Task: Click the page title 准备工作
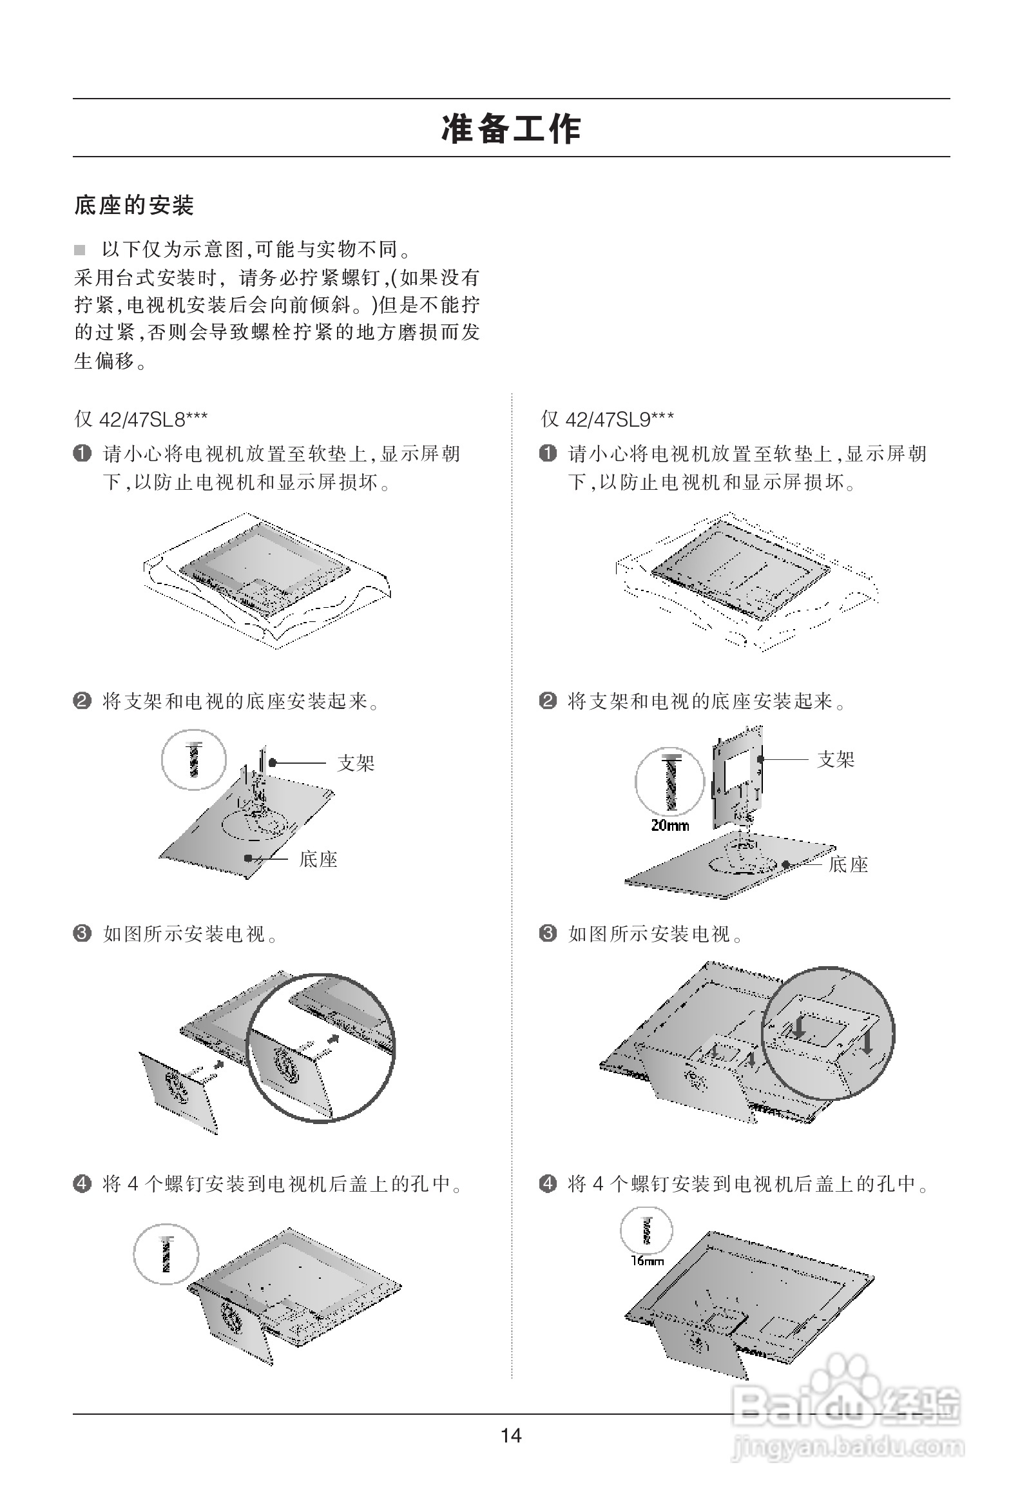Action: (x=511, y=128)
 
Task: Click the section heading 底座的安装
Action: (x=134, y=206)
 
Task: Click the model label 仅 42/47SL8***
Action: (x=141, y=420)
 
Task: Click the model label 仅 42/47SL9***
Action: (x=607, y=420)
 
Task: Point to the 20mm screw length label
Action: (x=669, y=826)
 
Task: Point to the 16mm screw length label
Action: (x=648, y=1261)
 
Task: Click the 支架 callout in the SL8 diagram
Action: (x=356, y=763)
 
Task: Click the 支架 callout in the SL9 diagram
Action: (x=835, y=759)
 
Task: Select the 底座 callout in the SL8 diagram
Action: (x=318, y=859)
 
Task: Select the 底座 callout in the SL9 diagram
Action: (x=848, y=864)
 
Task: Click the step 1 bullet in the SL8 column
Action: (x=82, y=453)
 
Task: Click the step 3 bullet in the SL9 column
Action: (x=548, y=933)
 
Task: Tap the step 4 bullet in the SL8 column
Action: (x=82, y=1184)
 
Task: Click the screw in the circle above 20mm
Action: (x=670, y=782)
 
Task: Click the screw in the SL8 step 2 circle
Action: (x=194, y=761)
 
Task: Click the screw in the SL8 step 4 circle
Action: (x=166, y=1254)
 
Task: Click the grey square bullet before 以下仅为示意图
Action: (x=80, y=250)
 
